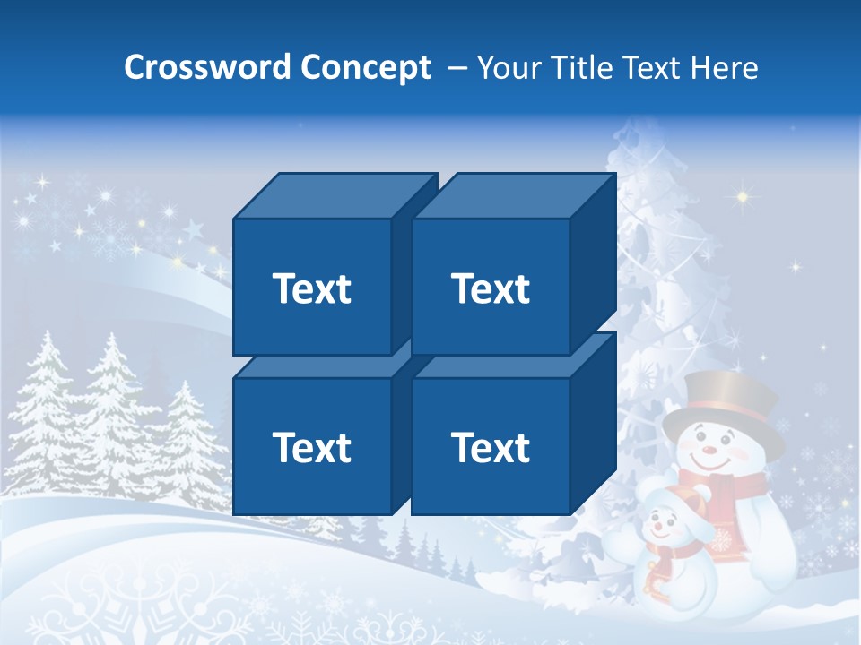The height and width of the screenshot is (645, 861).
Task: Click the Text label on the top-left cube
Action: [x=311, y=288]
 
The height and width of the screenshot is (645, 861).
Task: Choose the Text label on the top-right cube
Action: [x=491, y=288]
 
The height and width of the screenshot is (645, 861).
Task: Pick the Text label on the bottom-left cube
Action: [x=311, y=447]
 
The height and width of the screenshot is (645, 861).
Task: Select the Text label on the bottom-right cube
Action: [x=491, y=447]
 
